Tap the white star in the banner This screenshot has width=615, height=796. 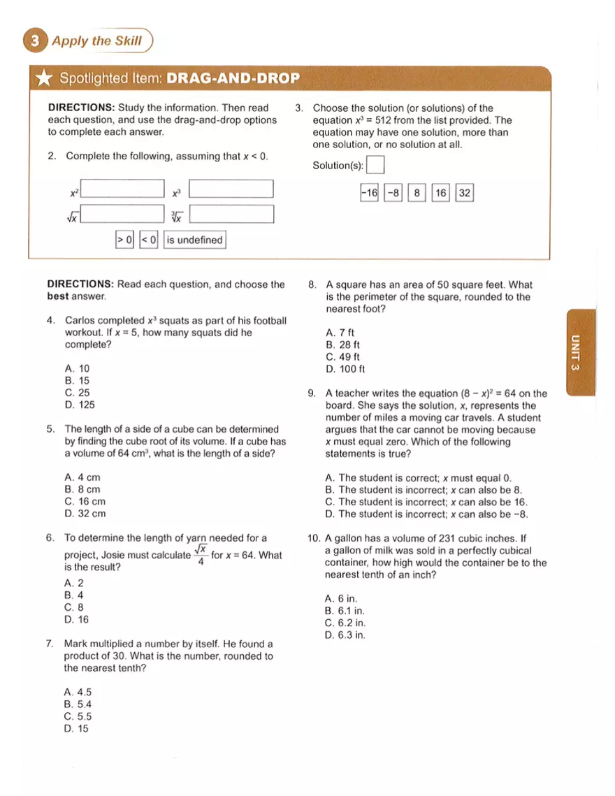pyautogui.click(x=43, y=79)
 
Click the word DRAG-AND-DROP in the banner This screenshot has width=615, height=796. pyautogui.click(x=233, y=78)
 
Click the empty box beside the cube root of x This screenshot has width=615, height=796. pyautogui.click(x=231, y=214)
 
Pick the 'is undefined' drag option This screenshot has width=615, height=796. pyautogui.click(x=194, y=240)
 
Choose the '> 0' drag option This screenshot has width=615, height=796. pyautogui.click(x=124, y=240)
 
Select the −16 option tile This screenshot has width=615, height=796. pyautogui.click(x=368, y=193)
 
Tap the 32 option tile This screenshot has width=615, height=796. pyautogui.click(x=464, y=193)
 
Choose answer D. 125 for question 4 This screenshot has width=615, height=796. pyautogui.click(x=80, y=405)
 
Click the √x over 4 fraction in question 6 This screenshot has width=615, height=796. pyautogui.click(x=200, y=555)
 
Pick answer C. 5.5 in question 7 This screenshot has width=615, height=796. pyautogui.click(x=78, y=716)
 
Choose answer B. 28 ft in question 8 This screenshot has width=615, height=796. pyautogui.click(x=343, y=345)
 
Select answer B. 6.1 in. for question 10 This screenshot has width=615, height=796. pyautogui.click(x=345, y=611)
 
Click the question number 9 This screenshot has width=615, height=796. pyautogui.click(x=312, y=393)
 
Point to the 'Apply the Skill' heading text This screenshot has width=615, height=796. pyautogui.click(x=96, y=41)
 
